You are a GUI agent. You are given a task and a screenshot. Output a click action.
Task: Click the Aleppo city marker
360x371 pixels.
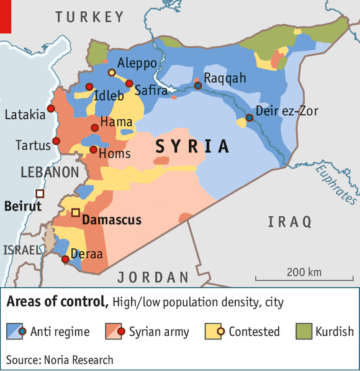point(112,73)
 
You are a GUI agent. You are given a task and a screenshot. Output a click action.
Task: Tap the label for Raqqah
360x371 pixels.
point(225,78)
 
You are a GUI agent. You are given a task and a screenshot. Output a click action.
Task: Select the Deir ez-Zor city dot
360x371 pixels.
point(250,117)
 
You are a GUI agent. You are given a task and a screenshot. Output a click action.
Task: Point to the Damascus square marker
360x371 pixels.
point(76,213)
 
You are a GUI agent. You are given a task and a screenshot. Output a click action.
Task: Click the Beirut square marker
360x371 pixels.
point(40,193)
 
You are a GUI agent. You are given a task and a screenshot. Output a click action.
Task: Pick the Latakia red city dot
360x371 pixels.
point(51,109)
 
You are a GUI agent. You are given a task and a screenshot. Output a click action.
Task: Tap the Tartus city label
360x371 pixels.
point(33,146)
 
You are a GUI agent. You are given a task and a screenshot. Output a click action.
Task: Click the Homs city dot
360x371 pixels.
point(93,150)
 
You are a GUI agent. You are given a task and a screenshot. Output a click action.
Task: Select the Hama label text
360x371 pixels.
point(116,122)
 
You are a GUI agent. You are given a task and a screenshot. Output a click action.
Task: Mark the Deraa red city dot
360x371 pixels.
point(65,259)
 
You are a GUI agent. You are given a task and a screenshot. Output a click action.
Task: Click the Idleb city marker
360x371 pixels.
point(89,86)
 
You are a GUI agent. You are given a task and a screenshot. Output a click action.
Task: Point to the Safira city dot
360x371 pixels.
point(129,83)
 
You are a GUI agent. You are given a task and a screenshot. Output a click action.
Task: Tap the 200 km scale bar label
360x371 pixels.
point(304,272)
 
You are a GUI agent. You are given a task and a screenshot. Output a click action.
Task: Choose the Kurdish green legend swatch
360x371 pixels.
point(305,331)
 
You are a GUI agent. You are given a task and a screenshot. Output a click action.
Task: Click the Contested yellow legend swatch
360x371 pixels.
point(213,331)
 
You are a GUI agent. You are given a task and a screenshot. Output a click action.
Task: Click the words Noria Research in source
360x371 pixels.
point(79,359)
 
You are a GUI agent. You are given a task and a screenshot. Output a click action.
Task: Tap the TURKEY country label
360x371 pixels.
point(89,17)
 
